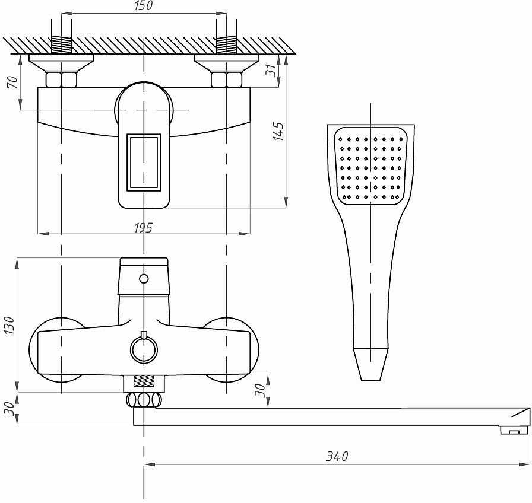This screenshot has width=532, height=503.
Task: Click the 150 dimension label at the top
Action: click(144, 5)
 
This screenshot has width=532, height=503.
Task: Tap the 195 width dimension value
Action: click(143, 228)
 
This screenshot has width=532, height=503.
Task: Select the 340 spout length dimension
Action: click(337, 456)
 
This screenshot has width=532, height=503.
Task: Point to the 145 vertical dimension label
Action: click(278, 131)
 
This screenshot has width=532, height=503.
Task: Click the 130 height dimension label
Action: click(9, 326)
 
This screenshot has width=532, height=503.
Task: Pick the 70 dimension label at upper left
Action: click(12, 82)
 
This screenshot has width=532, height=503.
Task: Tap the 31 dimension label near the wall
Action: click(271, 70)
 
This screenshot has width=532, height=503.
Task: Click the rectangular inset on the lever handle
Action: click(144, 162)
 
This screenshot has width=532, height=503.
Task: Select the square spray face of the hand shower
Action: click(370, 165)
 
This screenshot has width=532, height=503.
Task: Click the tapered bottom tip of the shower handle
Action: click(370, 364)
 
